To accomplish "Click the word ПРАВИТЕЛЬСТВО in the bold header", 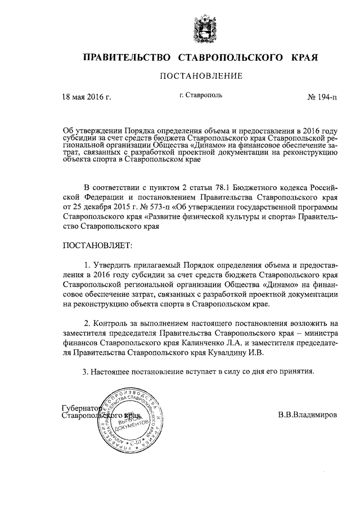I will point(127,57).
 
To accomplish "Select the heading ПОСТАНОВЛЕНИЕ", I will point(201,76).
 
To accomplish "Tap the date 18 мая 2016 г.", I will point(86,97).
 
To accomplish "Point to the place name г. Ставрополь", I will point(201,95).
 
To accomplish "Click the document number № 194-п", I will point(322,97).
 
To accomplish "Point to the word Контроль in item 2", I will point(111,323).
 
